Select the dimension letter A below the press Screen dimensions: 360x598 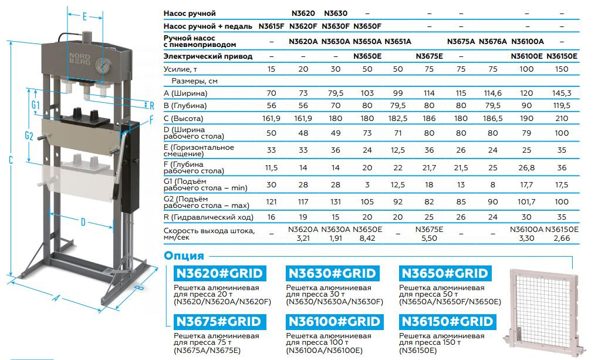[56, 298]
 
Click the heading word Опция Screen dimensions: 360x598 [184, 255]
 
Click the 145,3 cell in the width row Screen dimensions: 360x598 [562, 93]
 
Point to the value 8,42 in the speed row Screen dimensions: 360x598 [366, 238]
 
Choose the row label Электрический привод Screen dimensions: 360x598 [208, 56]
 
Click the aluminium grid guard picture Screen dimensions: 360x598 [541, 311]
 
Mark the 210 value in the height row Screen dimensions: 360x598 [562, 118]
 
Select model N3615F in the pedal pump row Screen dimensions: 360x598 [271, 26]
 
